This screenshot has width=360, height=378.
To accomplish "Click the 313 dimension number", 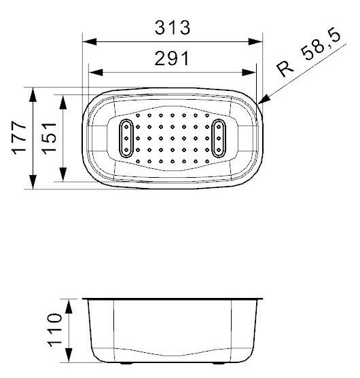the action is click(173, 27).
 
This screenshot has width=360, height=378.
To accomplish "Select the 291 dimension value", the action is click(172, 58).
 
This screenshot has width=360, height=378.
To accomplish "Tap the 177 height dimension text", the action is click(19, 138).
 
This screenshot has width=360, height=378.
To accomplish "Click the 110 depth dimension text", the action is click(54, 330).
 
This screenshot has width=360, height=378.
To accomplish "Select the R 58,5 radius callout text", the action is click(309, 54).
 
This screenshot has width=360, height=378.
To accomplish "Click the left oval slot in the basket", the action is click(126, 138).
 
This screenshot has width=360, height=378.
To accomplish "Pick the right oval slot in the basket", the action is click(219, 138).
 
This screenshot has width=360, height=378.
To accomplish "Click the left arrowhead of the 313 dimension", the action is click(90, 41).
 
